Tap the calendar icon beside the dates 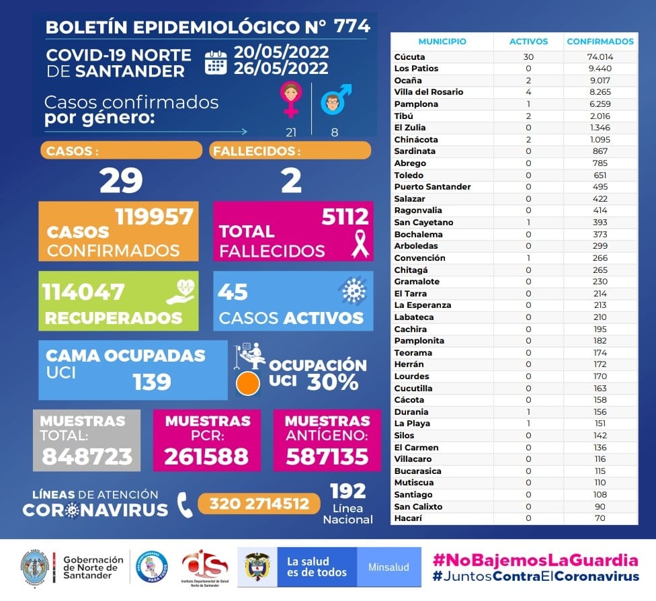point(216,62)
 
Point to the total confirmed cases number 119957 point(154,216)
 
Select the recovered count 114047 point(83,292)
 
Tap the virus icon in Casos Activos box point(352,290)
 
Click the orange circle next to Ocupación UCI point(248,383)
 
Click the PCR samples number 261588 point(206,456)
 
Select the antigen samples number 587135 point(327,456)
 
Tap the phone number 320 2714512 point(259,504)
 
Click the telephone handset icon point(184,504)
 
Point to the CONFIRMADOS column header point(600,42)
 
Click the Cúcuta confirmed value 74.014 point(600,57)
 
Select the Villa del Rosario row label point(428,92)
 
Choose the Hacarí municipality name point(407,518)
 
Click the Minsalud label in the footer point(388,567)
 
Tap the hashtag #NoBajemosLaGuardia point(535,560)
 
